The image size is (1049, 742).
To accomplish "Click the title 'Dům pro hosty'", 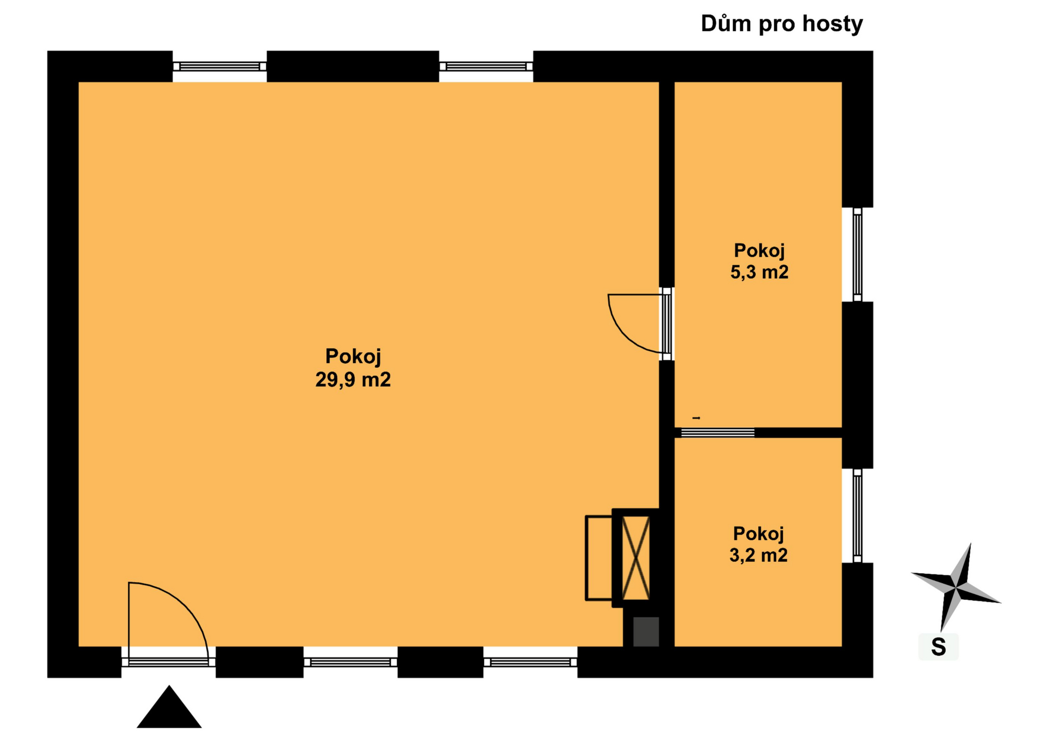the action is pyautogui.click(x=781, y=24).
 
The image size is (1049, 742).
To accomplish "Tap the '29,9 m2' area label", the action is pyautogui.click(x=353, y=379).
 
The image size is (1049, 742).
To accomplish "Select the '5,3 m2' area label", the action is pyautogui.click(x=759, y=272).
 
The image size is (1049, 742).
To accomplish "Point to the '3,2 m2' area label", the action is pyautogui.click(x=758, y=555).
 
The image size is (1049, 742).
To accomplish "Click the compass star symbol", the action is pyautogui.click(x=956, y=587).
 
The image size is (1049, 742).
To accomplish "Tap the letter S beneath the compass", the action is pyautogui.click(x=939, y=647).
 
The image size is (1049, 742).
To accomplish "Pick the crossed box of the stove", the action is pyautogui.click(x=636, y=558).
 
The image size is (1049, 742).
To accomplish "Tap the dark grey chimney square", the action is pyautogui.click(x=646, y=632).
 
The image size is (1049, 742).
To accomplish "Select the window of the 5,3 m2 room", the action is pyautogui.click(x=857, y=255).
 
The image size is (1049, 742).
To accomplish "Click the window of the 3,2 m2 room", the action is pyautogui.click(x=857, y=516).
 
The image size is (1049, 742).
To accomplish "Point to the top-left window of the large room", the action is pyautogui.click(x=220, y=67).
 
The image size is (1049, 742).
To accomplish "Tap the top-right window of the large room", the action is pyautogui.click(x=486, y=67).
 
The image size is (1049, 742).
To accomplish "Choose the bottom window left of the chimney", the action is pyautogui.click(x=531, y=662).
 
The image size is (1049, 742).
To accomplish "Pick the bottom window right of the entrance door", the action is pyautogui.click(x=350, y=662).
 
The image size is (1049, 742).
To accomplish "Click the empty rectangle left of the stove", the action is pyautogui.click(x=599, y=558).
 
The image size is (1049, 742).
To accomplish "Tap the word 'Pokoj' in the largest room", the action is pyautogui.click(x=353, y=357).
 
